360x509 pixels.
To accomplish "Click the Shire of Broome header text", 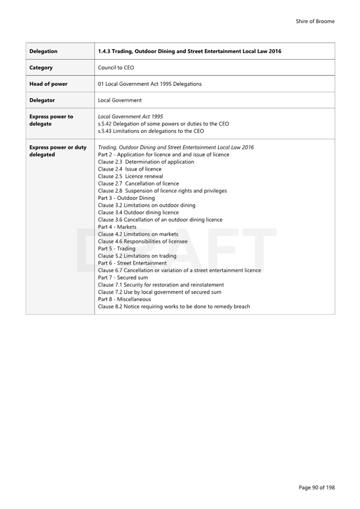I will [x=315, y=21].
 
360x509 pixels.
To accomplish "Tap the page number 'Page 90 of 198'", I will [x=316, y=487].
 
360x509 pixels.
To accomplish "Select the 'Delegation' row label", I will [x=43, y=51].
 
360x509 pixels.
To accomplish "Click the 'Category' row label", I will [x=41, y=68].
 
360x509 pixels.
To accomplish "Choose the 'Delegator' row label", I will [x=42, y=100].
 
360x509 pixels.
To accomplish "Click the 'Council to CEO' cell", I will [x=116, y=68].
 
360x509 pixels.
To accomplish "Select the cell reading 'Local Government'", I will [x=120, y=100].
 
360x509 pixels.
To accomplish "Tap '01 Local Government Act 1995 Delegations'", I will [x=149, y=84].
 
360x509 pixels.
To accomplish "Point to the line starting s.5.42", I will [x=163, y=124].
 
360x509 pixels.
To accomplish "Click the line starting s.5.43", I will [x=151, y=131].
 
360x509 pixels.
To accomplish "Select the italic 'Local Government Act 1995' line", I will [x=130, y=117].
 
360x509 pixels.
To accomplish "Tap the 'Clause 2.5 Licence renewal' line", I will [x=130, y=176].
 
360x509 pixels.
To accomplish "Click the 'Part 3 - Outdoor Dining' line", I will [x=126, y=198].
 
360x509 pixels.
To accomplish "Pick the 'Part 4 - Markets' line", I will [x=117, y=227].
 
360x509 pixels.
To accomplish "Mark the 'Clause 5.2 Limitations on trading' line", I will [x=137, y=256].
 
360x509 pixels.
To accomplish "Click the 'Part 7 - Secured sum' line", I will [x=123, y=278].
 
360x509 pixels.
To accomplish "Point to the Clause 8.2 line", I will [x=174, y=306].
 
